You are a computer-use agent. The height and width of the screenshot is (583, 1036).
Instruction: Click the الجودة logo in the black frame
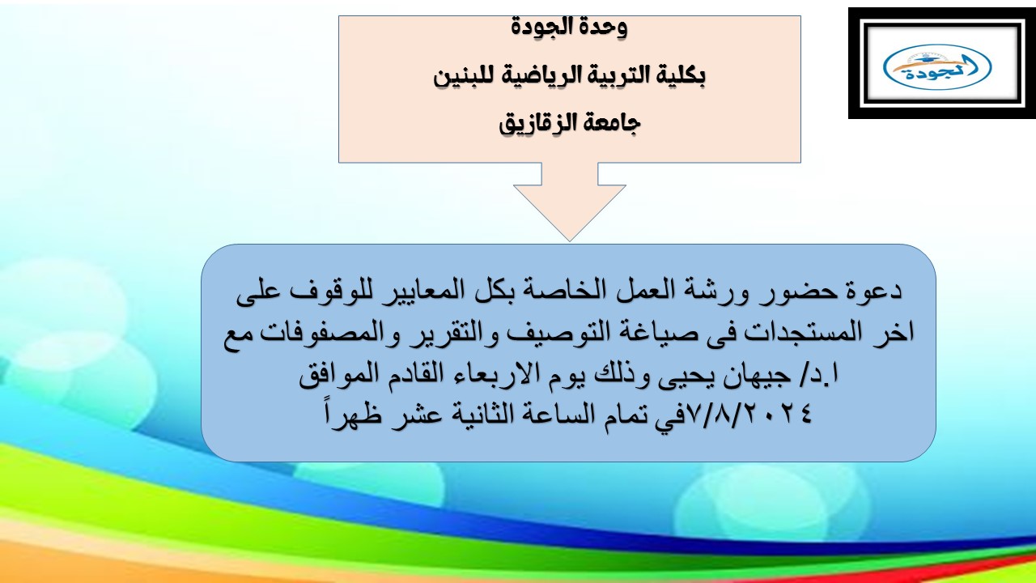click(937, 66)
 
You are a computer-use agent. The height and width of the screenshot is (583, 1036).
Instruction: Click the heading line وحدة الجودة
click(569, 27)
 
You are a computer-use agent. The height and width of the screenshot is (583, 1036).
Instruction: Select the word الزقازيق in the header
click(538, 124)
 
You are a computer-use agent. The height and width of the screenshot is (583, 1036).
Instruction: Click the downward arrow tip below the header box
click(570, 240)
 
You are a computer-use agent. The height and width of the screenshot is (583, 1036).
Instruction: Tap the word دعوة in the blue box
click(873, 291)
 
